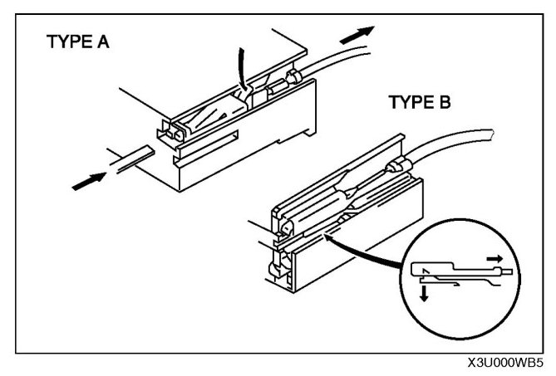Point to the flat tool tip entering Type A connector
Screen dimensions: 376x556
coord(134,156)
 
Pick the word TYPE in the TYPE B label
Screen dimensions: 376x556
coord(408,103)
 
